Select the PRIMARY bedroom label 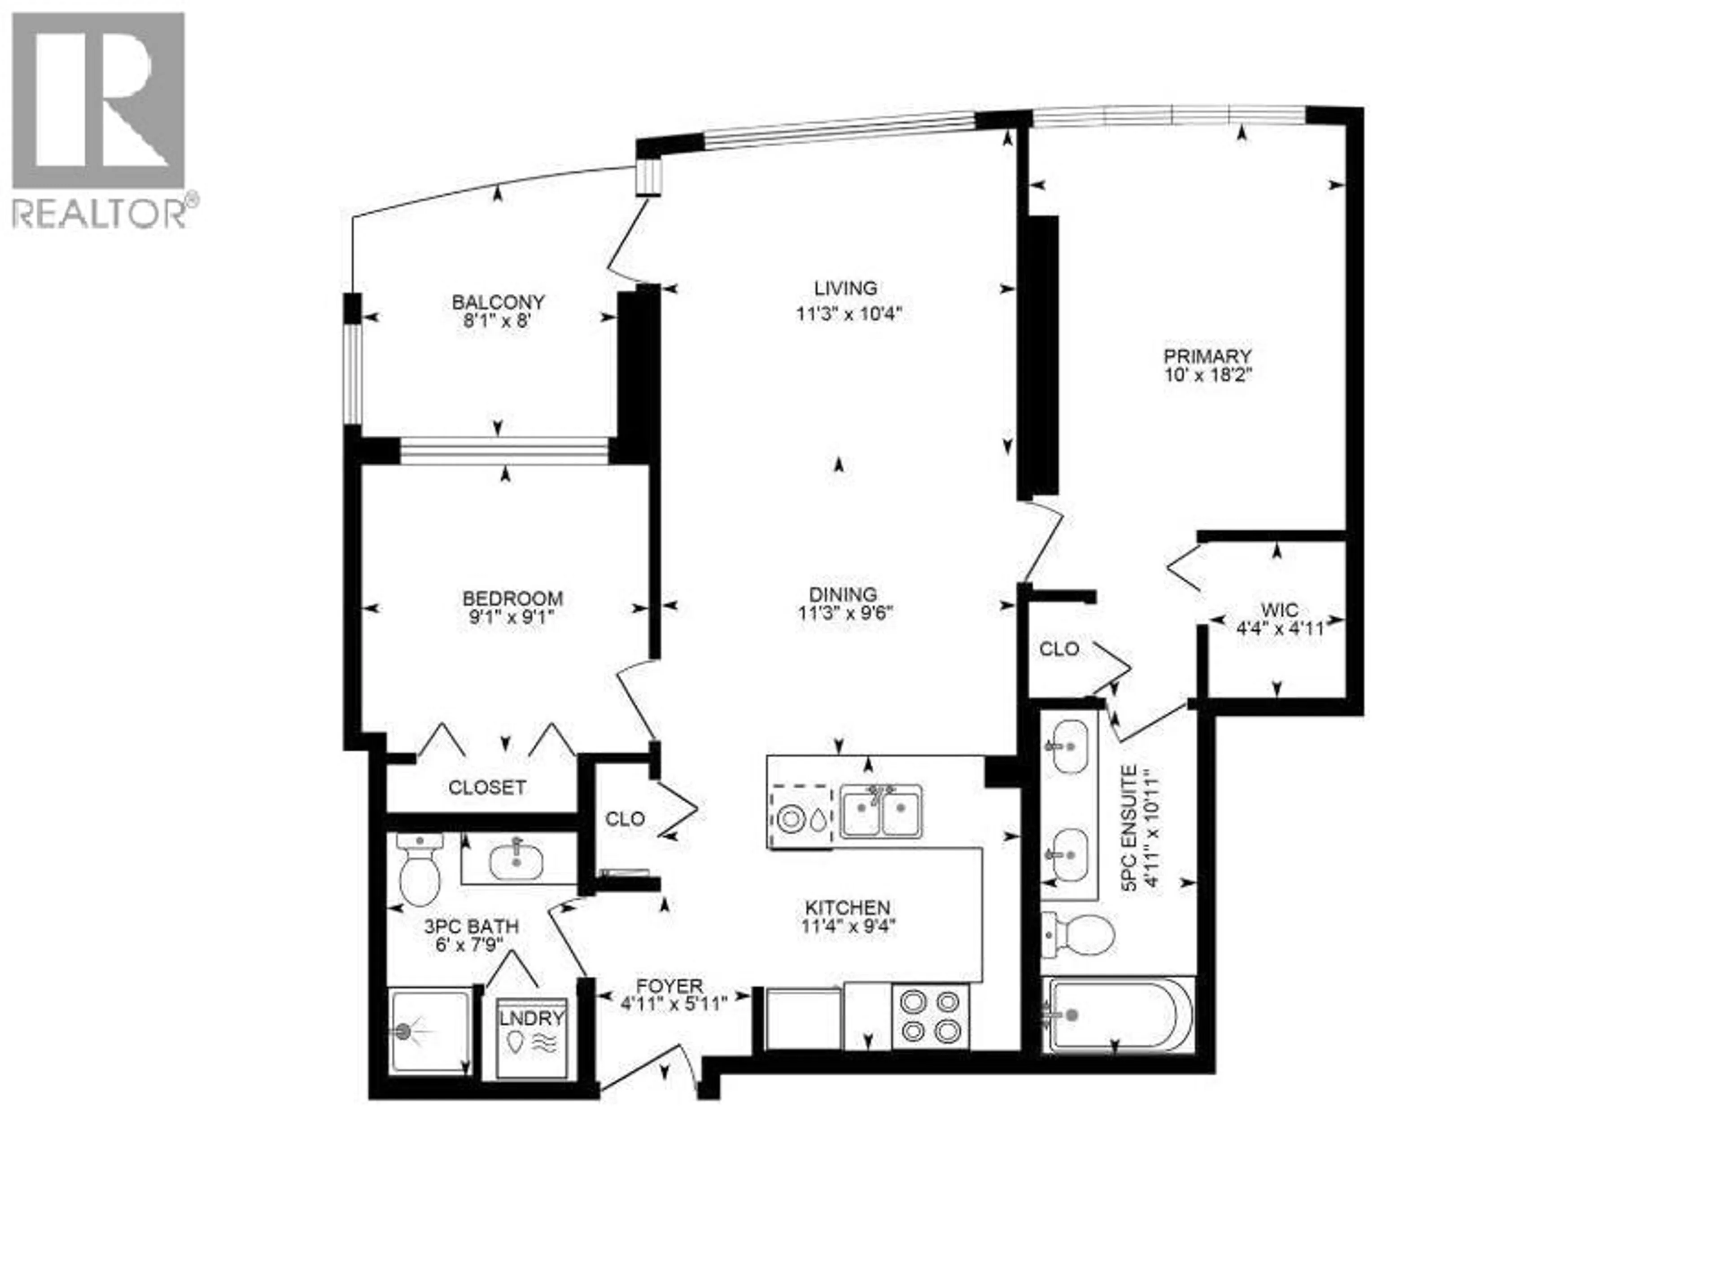(x=1207, y=356)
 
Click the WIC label (x=1279, y=610)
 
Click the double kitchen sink (x=881, y=812)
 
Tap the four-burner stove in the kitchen (x=930, y=1016)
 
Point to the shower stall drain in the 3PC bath (x=403, y=1030)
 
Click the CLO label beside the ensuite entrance (x=1058, y=649)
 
